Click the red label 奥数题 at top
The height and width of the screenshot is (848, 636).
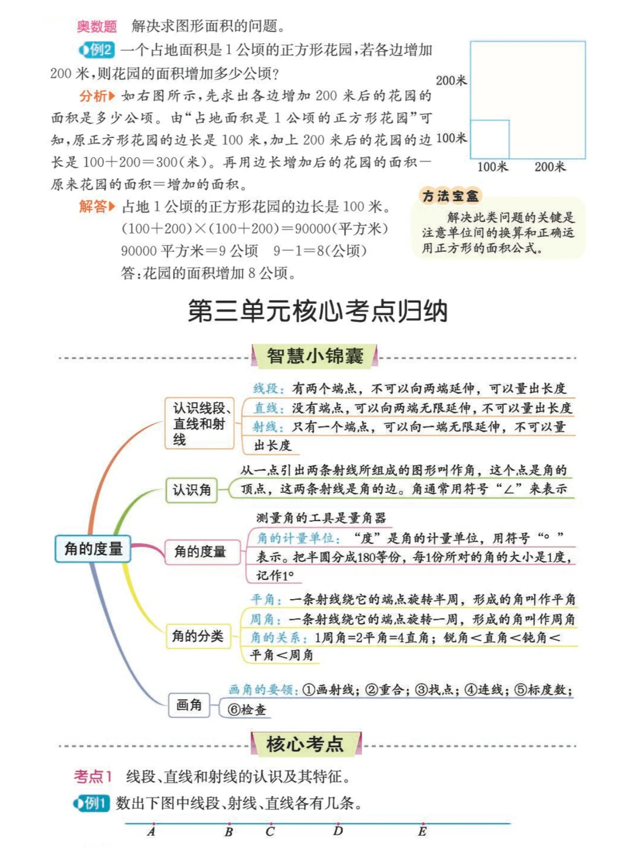tap(97, 26)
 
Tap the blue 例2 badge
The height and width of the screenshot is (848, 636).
tap(97, 50)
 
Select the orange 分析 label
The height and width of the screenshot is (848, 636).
tap(94, 96)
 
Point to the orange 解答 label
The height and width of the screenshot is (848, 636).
tap(94, 207)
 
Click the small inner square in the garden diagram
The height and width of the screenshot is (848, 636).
tap(489, 139)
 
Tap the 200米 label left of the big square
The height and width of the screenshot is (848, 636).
tap(451, 81)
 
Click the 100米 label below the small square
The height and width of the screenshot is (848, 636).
tap(492, 167)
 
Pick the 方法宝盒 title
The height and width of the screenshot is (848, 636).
tap(450, 196)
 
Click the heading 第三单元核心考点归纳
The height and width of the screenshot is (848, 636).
tap(317, 311)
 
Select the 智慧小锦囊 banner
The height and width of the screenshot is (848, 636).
tap(314, 356)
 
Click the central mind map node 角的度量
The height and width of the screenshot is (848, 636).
tap(93, 549)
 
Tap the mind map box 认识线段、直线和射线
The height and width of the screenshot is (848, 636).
tap(200, 423)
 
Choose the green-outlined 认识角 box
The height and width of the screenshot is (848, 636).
tap(191, 490)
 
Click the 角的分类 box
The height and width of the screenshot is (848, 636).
tap(197, 636)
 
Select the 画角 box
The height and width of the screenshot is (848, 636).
tap(188, 705)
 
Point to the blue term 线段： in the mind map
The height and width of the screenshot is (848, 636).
tap(269, 389)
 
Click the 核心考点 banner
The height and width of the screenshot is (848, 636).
tap(305, 744)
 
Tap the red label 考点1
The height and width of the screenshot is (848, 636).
tap(92, 777)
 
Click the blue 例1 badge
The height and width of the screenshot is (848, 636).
tap(92, 803)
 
